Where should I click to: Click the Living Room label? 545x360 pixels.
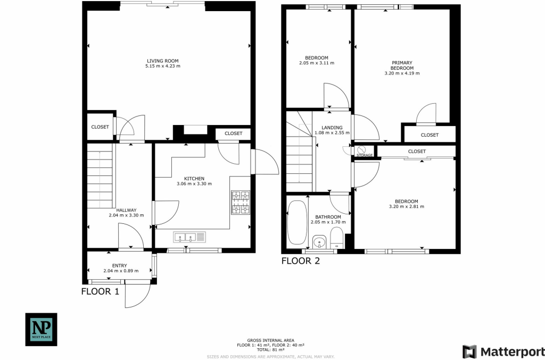(163, 61)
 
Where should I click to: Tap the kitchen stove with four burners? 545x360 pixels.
(241, 202)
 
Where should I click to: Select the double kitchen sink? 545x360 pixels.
(189, 238)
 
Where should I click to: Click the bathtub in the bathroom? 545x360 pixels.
(297, 223)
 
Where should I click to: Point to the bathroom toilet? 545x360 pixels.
(336, 237)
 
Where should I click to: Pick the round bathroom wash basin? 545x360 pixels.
(319, 241)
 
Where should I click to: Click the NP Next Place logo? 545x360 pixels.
(42, 330)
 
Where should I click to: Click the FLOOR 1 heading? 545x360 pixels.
(100, 291)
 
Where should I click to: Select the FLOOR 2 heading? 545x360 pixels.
(301, 261)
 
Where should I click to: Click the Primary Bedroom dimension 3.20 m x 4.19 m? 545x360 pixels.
(402, 73)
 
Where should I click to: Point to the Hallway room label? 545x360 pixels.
(126, 210)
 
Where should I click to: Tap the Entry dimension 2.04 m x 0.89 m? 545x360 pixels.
(121, 271)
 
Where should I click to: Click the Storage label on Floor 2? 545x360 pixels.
(365, 155)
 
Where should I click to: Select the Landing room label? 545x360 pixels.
(332, 128)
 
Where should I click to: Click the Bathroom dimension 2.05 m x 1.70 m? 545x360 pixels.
(328, 222)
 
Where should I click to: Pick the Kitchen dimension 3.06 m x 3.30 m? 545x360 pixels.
(194, 183)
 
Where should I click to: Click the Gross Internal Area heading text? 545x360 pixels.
(271, 340)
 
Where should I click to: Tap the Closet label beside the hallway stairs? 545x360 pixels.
(100, 127)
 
